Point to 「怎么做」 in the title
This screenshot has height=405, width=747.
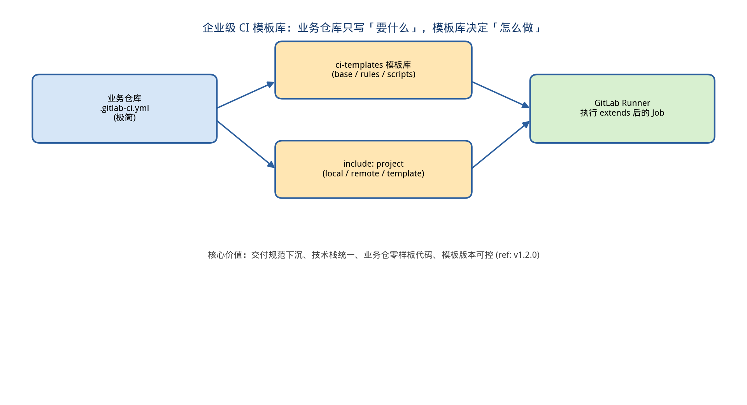coord(516,28)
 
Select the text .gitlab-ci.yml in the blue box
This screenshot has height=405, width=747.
coord(124,108)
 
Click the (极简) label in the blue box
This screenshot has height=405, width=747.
coord(124,118)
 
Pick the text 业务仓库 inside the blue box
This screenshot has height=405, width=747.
coord(124,99)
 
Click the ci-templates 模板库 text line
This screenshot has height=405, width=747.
coord(373,65)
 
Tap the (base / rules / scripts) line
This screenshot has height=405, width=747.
coord(373,74)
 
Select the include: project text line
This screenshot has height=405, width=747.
coord(373,164)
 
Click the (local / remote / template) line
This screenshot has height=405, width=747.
coord(373,174)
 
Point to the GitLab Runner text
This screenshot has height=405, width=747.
coord(622,103)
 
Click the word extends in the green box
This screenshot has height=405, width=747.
coord(615,113)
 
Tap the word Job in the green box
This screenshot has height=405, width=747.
coord(658,113)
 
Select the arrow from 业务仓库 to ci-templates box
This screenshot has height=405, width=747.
coord(246,95)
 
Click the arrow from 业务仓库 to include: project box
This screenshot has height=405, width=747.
coord(246,144)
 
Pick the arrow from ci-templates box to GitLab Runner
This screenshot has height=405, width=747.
coord(501,95)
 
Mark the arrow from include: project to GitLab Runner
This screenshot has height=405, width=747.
coord(501,145)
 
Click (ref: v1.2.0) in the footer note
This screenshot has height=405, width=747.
coord(517,255)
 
